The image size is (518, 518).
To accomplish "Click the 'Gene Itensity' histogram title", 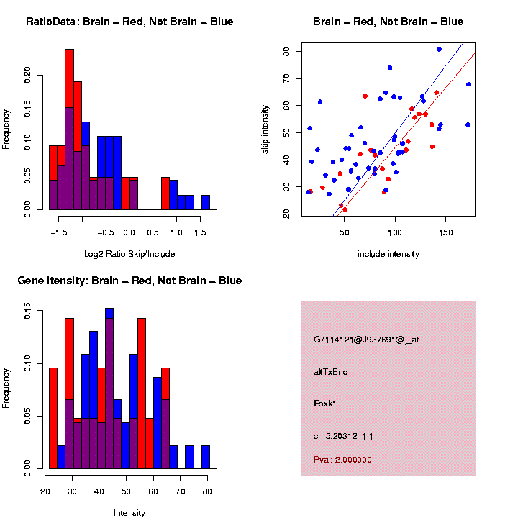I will [x=129, y=281].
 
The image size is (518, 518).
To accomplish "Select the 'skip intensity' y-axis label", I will [x=266, y=129].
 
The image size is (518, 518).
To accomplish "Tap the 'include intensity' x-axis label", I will [x=388, y=254].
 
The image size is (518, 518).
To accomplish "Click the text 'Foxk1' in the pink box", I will [x=325, y=404].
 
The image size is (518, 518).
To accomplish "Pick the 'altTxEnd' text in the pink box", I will [x=331, y=372].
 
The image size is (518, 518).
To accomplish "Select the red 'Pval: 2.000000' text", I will [x=342, y=459].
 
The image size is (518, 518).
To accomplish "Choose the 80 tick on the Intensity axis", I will [x=206, y=491].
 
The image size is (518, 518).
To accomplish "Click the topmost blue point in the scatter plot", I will [x=439, y=50].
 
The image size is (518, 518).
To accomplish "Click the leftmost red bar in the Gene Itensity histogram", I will [x=53, y=417].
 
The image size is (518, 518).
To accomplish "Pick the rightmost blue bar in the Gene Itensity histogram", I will [x=206, y=457].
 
